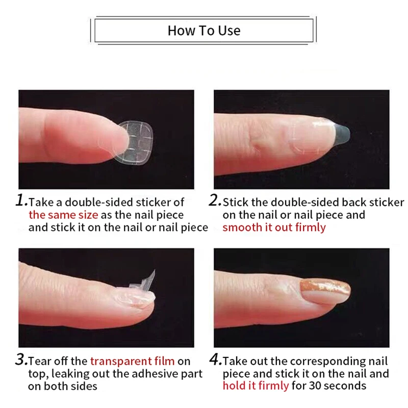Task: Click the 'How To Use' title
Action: click(x=203, y=31)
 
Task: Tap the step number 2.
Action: click(x=215, y=200)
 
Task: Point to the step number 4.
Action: click(x=215, y=360)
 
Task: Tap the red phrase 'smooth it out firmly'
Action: click(x=274, y=227)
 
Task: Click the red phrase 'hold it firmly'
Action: click(x=256, y=386)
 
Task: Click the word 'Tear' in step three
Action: click(x=39, y=361)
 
